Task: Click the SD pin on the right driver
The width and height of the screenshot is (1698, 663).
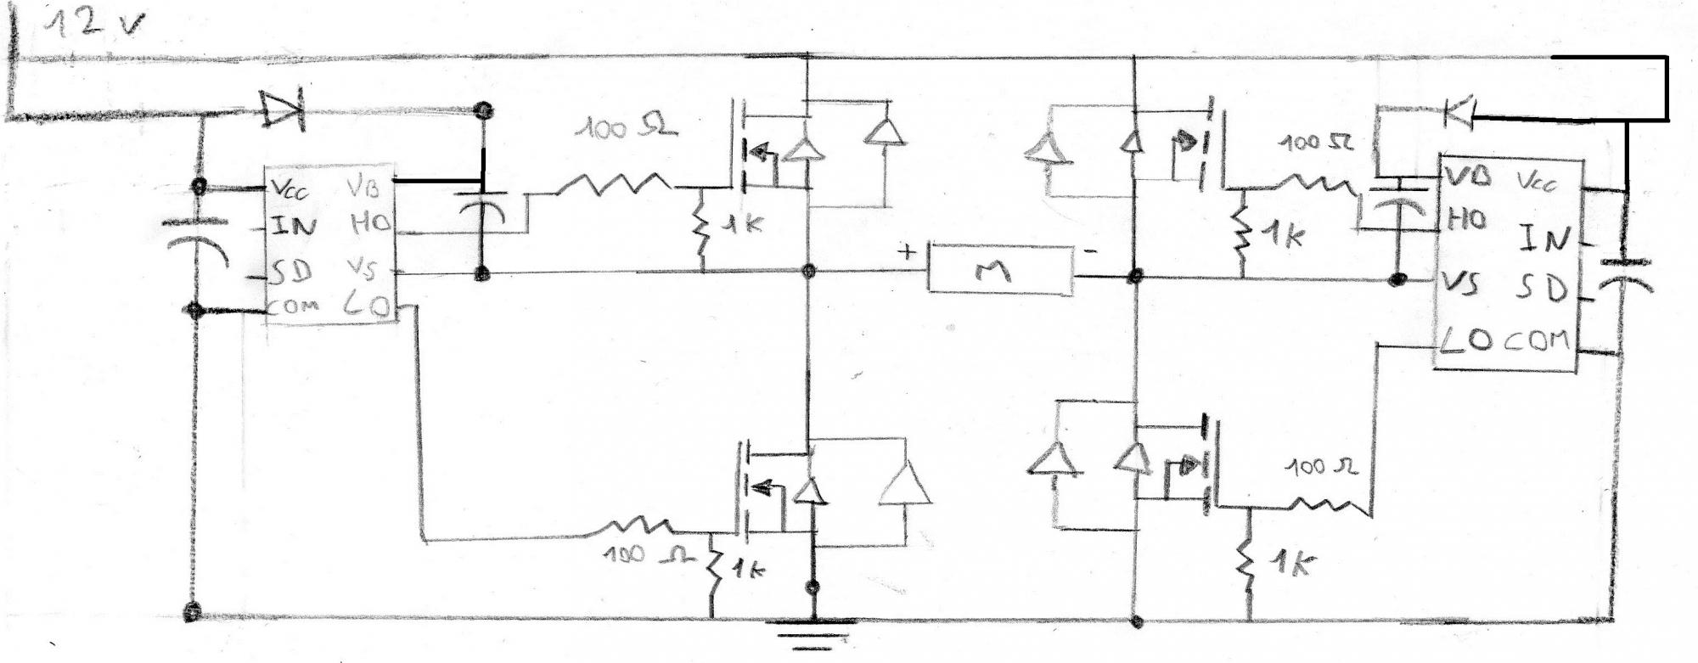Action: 1542,289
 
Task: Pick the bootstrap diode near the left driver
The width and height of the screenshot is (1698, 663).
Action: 283,109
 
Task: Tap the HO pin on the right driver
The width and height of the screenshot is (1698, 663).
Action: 1467,219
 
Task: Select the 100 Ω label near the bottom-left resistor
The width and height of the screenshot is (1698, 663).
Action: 637,555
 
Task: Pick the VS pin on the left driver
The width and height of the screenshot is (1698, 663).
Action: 362,269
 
